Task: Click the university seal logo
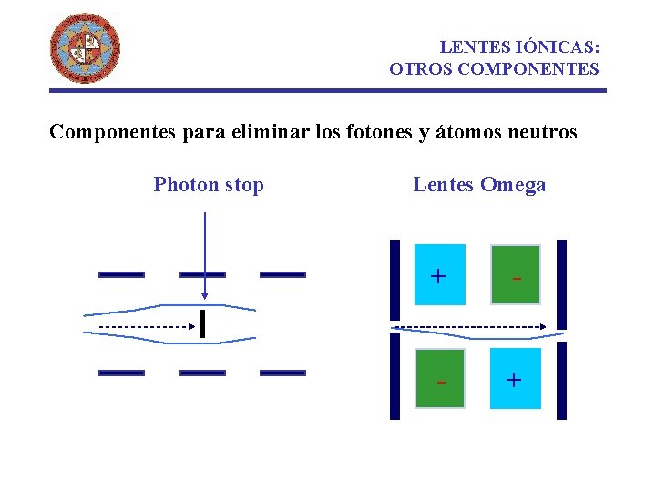click(85, 48)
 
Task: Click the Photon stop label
click(209, 185)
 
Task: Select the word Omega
click(513, 185)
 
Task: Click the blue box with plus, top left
click(439, 274)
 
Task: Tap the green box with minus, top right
click(516, 274)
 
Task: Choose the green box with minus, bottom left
click(440, 379)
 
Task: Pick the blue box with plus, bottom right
click(515, 378)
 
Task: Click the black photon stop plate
click(201, 323)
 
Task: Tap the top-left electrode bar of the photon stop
click(121, 273)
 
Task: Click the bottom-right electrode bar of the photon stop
click(282, 373)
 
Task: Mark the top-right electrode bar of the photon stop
click(282, 273)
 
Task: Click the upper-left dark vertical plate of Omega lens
click(395, 281)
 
